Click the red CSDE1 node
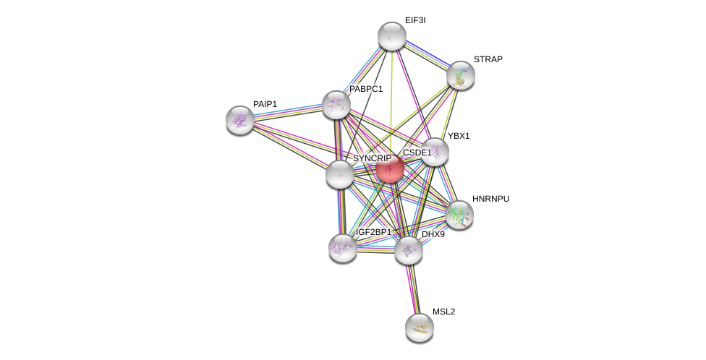tap(390, 169)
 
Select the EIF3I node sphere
tap(392, 36)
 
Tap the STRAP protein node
tap(461, 75)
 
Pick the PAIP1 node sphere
tap(240, 120)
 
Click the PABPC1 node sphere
tap(336, 105)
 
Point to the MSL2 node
tap(420, 327)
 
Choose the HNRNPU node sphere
tap(459, 215)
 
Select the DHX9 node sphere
tap(409, 251)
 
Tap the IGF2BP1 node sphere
tap(343, 248)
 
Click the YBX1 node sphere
tap(435, 152)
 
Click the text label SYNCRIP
tap(372, 158)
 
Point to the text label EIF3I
tap(415, 20)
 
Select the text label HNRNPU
tap(490, 199)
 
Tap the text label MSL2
tap(443, 312)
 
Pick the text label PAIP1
tap(265, 104)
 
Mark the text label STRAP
tap(488, 59)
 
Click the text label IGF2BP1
tap(373, 232)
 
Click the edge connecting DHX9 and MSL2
tap(414, 289)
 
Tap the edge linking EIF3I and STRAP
tap(426, 56)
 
